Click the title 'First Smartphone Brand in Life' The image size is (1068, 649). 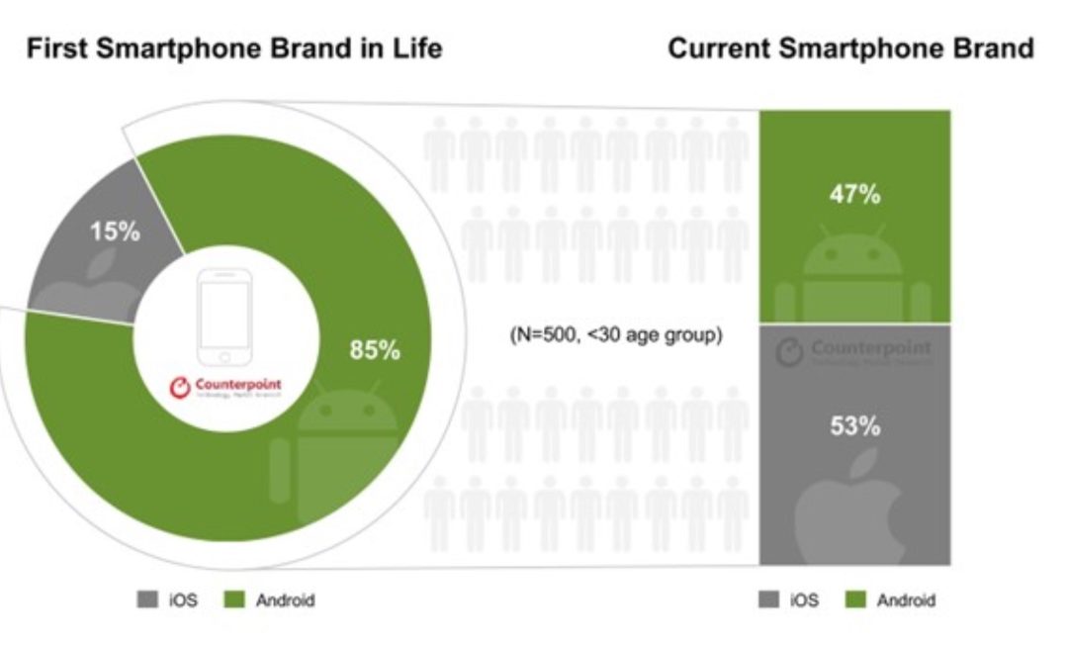[x=233, y=48]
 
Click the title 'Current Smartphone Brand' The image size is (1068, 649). [x=851, y=48]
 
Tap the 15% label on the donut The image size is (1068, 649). [x=116, y=232]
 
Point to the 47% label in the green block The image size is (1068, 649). [x=854, y=194]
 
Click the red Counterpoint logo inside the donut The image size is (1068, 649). [x=224, y=385]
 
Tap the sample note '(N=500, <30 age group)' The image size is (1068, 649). [x=615, y=335]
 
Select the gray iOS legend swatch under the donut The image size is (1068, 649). [x=146, y=601]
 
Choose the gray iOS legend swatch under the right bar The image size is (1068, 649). [x=768, y=601]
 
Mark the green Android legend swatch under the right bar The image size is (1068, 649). [x=855, y=601]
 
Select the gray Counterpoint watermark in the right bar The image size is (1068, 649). [x=854, y=352]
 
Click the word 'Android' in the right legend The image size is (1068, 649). [x=906, y=601]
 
